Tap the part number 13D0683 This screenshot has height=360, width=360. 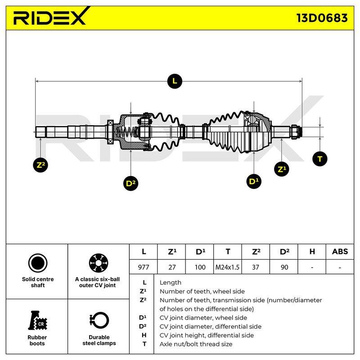click(x=322, y=18)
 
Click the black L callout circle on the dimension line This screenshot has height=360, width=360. click(x=175, y=81)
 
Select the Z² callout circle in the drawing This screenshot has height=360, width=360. click(x=40, y=165)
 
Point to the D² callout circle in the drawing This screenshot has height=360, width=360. click(x=130, y=183)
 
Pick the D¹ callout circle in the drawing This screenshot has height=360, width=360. click(x=254, y=181)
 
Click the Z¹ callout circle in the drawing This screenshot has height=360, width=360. click(x=282, y=169)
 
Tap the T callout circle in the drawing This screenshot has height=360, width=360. click(x=320, y=159)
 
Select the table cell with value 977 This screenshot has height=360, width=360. click(x=144, y=267)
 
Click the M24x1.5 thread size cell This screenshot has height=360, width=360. click(x=227, y=267)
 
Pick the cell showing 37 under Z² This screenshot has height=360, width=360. click(x=256, y=267)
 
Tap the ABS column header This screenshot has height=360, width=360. click(x=340, y=252)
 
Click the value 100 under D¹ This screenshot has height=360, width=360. click(x=200, y=267)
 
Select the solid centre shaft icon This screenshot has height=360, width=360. click(x=38, y=263)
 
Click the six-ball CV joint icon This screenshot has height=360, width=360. click(x=99, y=263)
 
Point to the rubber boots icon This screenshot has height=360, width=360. click(x=37, y=320)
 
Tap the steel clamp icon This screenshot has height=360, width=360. click(x=99, y=320)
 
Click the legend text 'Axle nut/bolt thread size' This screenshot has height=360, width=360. click(x=196, y=344)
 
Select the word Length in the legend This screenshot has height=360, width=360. click(x=171, y=283)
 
